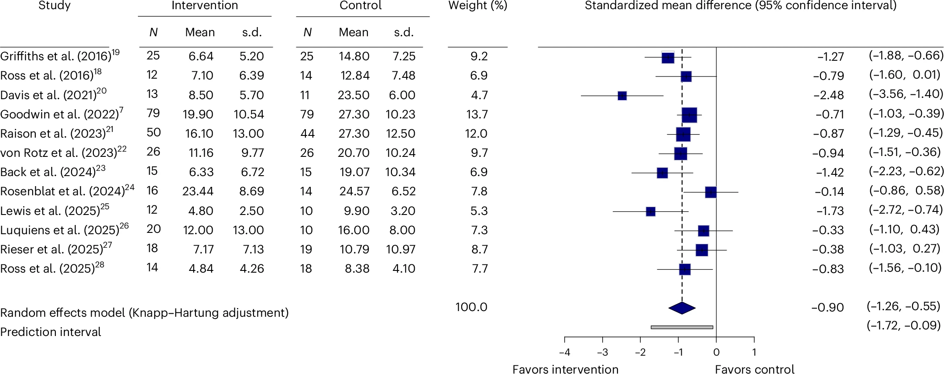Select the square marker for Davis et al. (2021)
(622, 96)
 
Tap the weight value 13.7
(477, 114)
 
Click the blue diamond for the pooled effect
(682, 308)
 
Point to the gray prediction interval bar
(682, 327)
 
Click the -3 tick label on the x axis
(602, 353)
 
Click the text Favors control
(754, 369)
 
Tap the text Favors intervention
(565, 369)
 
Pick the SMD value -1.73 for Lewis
(830, 211)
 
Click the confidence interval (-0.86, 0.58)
(906, 191)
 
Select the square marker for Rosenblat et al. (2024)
(711, 192)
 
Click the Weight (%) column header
(477, 6)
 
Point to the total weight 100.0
(471, 307)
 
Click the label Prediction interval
(51, 332)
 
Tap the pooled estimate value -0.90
(827, 308)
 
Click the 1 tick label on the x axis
(754, 353)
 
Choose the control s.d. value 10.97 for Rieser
(400, 249)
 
